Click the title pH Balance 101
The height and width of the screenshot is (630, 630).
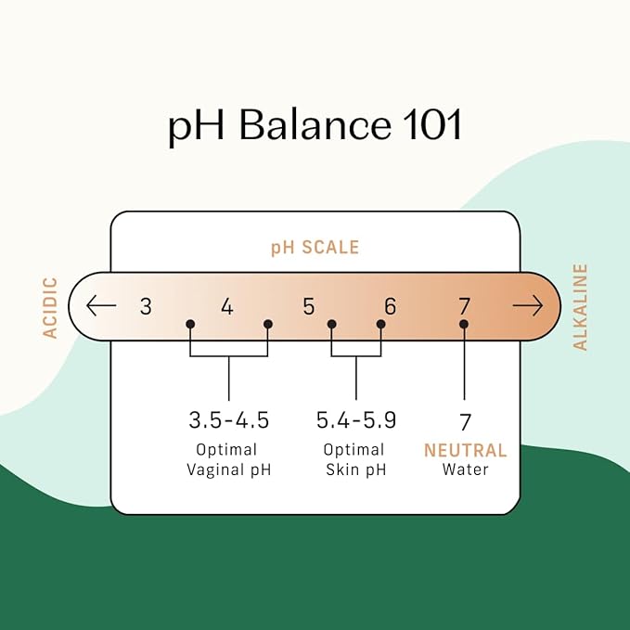pyautogui.click(x=315, y=126)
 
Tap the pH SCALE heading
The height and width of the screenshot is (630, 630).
pyautogui.click(x=315, y=248)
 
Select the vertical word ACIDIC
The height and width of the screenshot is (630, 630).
pyautogui.click(x=50, y=308)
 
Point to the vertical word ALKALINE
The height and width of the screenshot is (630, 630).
pyautogui.click(x=580, y=307)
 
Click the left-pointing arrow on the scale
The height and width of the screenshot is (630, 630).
pyautogui.click(x=101, y=305)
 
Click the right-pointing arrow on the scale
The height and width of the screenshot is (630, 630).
pyautogui.click(x=528, y=305)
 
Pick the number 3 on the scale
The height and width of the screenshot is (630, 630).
pyautogui.click(x=146, y=306)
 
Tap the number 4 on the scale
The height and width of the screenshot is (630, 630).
pyautogui.click(x=227, y=306)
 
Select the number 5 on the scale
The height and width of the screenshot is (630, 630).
pyautogui.click(x=309, y=306)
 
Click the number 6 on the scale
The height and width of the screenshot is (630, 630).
pyautogui.click(x=390, y=306)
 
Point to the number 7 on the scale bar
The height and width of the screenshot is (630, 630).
pyautogui.click(x=465, y=306)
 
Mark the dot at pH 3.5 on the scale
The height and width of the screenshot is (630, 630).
pyautogui.click(x=190, y=324)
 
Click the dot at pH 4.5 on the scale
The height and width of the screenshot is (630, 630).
pyautogui.click(x=268, y=324)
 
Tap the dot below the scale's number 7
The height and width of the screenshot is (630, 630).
pyautogui.click(x=464, y=324)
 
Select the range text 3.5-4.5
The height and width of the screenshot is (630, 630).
pyautogui.click(x=228, y=420)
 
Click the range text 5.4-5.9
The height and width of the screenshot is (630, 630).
pyautogui.click(x=356, y=420)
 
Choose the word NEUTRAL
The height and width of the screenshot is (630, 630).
pyautogui.click(x=465, y=450)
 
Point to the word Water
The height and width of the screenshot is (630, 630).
pyautogui.click(x=465, y=469)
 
